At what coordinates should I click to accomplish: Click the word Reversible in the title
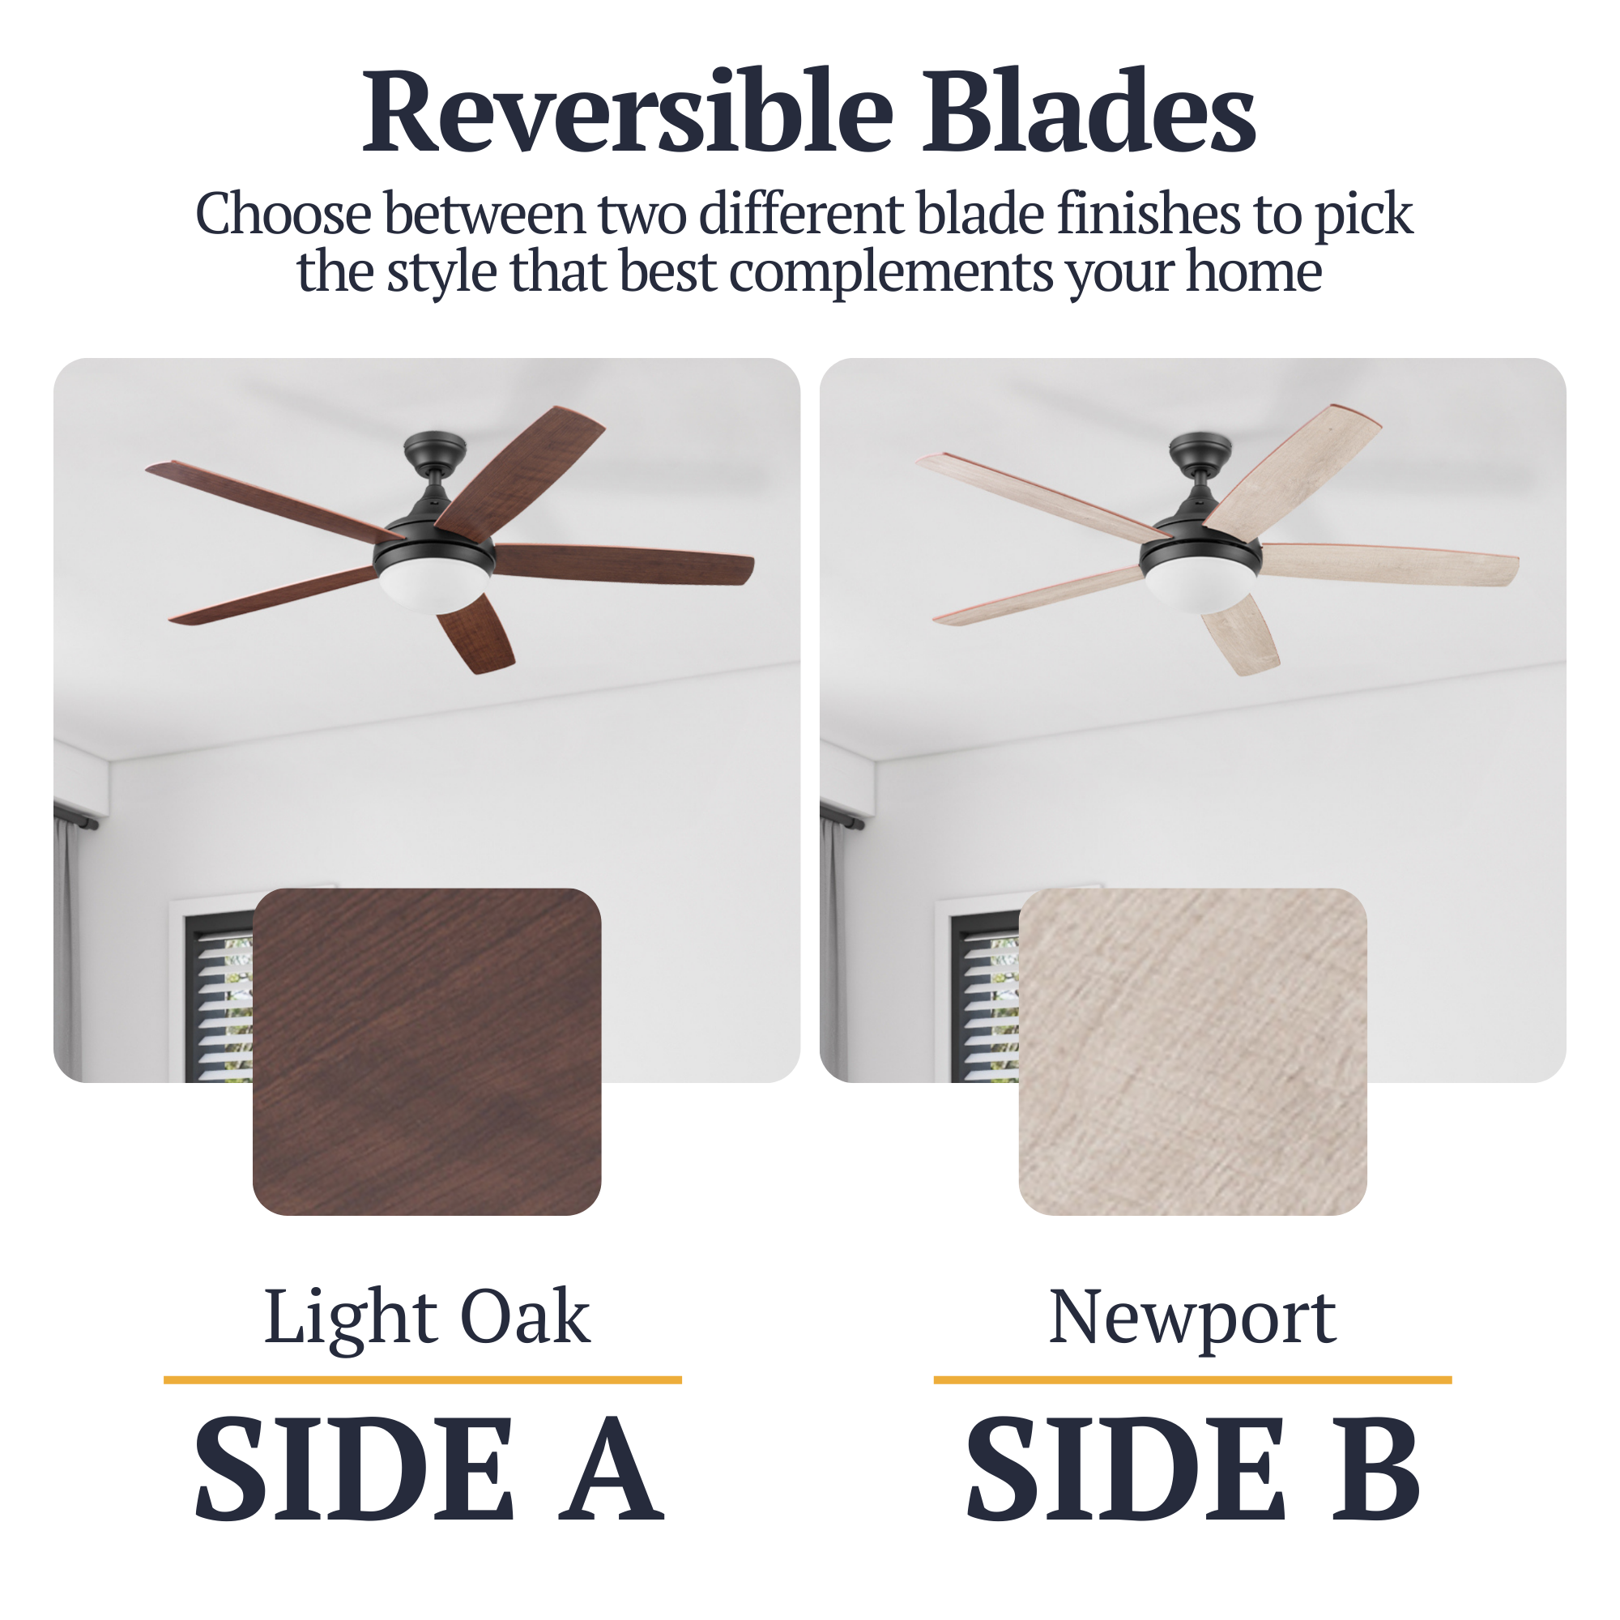[628, 113]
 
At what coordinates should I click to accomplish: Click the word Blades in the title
[1089, 113]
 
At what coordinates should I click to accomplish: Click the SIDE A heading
[428, 1481]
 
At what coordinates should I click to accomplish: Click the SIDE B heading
[1192, 1481]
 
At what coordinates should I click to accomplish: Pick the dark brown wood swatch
[427, 1051]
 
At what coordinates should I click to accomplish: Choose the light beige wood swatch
[1192, 1051]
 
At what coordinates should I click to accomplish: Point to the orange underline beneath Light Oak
[423, 1379]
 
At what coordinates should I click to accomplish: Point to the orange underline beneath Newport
[1192, 1379]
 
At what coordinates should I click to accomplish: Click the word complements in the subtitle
[890, 273]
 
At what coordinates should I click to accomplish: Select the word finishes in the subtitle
[1147, 214]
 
